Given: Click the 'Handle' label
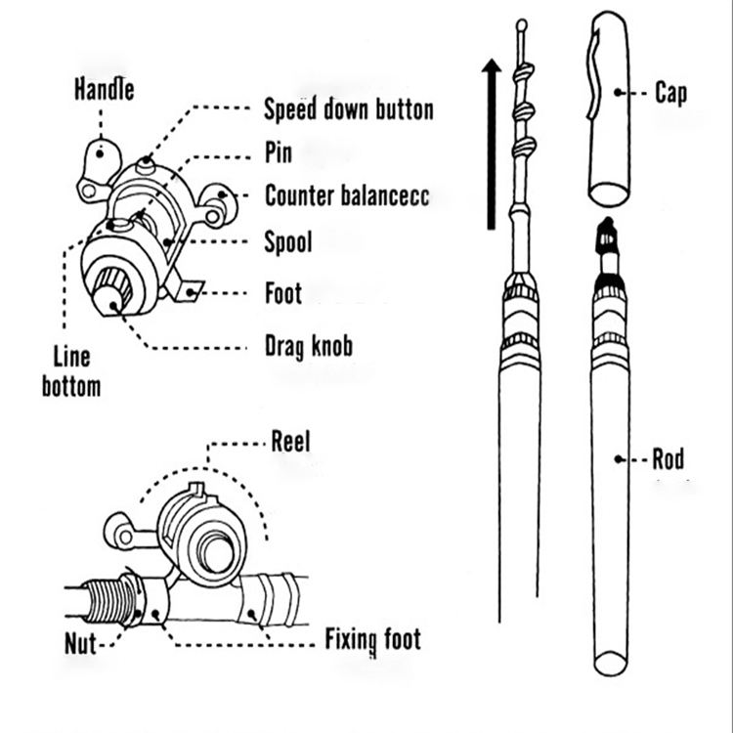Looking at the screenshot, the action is tap(105, 89).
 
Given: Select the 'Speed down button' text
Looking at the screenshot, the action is tap(349, 109).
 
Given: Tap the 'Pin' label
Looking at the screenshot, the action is tap(279, 152).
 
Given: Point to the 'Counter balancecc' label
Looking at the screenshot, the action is tap(347, 195).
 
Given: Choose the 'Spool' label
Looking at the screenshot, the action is tap(288, 242).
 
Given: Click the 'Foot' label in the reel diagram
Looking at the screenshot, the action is tap(283, 293).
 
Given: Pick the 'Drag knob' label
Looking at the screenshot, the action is tap(309, 346).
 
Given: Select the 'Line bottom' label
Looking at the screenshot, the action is tap(71, 371).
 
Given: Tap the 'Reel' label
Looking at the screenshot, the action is tap(291, 441).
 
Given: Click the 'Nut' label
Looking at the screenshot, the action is tap(80, 644).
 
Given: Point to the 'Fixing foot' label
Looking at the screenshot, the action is tap(373, 640).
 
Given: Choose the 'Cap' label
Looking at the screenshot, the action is tap(670, 93).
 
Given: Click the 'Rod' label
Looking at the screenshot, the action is tap(668, 459).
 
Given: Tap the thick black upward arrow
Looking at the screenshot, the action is tap(491, 144).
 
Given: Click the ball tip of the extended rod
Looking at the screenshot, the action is tap(522, 25).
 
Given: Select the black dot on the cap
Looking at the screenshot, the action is tap(618, 93).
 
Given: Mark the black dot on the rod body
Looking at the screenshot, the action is tap(618, 459).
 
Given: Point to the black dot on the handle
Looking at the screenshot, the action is tap(100, 153).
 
